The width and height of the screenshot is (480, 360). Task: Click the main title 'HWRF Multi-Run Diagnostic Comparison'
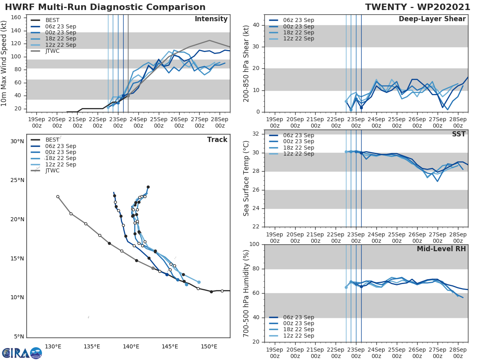pyautogui.click(x=105, y=7)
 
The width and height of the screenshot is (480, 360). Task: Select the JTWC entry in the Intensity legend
pyautogui.click(x=52, y=51)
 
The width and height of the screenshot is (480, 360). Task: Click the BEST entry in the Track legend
pyautogui.click(x=52, y=140)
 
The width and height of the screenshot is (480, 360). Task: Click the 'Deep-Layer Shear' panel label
pyautogui.click(x=432, y=19)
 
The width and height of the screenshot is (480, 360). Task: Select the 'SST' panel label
pyautogui.click(x=459, y=134)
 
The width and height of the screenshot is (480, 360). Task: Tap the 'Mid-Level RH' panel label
pyautogui.click(x=441, y=249)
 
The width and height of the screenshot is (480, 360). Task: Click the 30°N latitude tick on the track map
pyautogui.click(x=17, y=142)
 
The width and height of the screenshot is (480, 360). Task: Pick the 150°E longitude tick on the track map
pyautogui.click(x=209, y=346)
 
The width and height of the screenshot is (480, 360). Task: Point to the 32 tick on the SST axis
pyautogui.click(x=258, y=134)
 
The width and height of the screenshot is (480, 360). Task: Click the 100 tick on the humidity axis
pyautogui.click(x=255, y=244)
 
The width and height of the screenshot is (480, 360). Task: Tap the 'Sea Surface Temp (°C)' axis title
pyautogui.click(x=247, y=179)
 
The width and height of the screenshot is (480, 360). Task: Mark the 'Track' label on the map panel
pyautogui.click(x=217, y=140)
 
